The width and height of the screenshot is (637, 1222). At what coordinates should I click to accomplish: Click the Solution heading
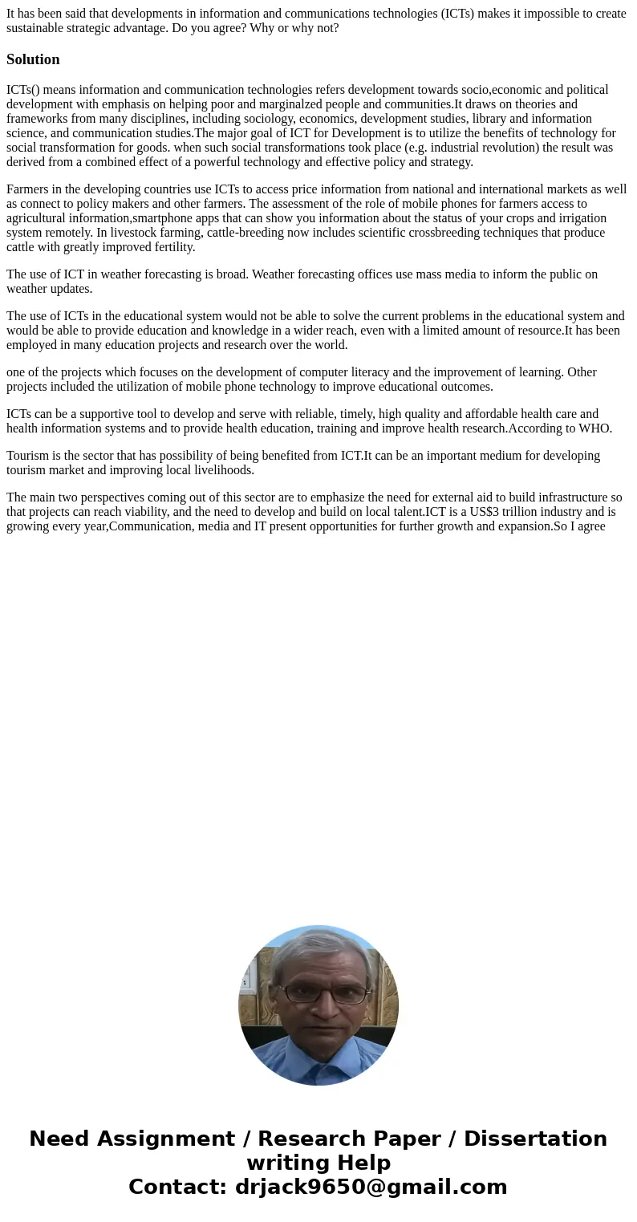click(33, 59)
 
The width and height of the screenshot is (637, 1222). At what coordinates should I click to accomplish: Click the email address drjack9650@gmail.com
click(371, 1187)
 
